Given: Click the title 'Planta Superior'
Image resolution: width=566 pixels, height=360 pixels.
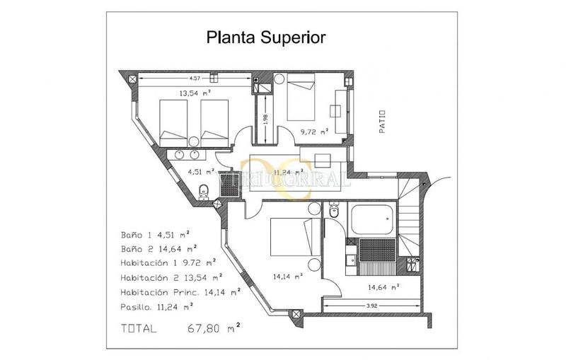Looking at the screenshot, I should coord(266,37).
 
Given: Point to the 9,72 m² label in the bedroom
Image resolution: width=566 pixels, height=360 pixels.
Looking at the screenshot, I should coord(315,131).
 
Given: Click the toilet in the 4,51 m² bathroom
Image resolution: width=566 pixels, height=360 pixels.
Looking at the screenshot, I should coord(203,190).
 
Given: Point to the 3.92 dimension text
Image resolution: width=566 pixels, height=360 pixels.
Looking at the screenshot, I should coord(373,306).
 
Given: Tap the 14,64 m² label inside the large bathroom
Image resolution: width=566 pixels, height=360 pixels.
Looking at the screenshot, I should coord(383,287).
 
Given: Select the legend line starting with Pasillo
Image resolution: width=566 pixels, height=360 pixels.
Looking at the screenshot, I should coord(158,306).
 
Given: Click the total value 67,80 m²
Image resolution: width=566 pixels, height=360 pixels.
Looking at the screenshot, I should coord(214,328).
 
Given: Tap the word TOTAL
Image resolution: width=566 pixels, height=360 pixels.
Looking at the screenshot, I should coord(140,328).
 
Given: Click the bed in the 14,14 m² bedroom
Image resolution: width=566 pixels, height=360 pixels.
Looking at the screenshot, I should coord(289,239).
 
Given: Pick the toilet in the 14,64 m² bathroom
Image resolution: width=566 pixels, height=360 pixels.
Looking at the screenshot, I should coord(335,212).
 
